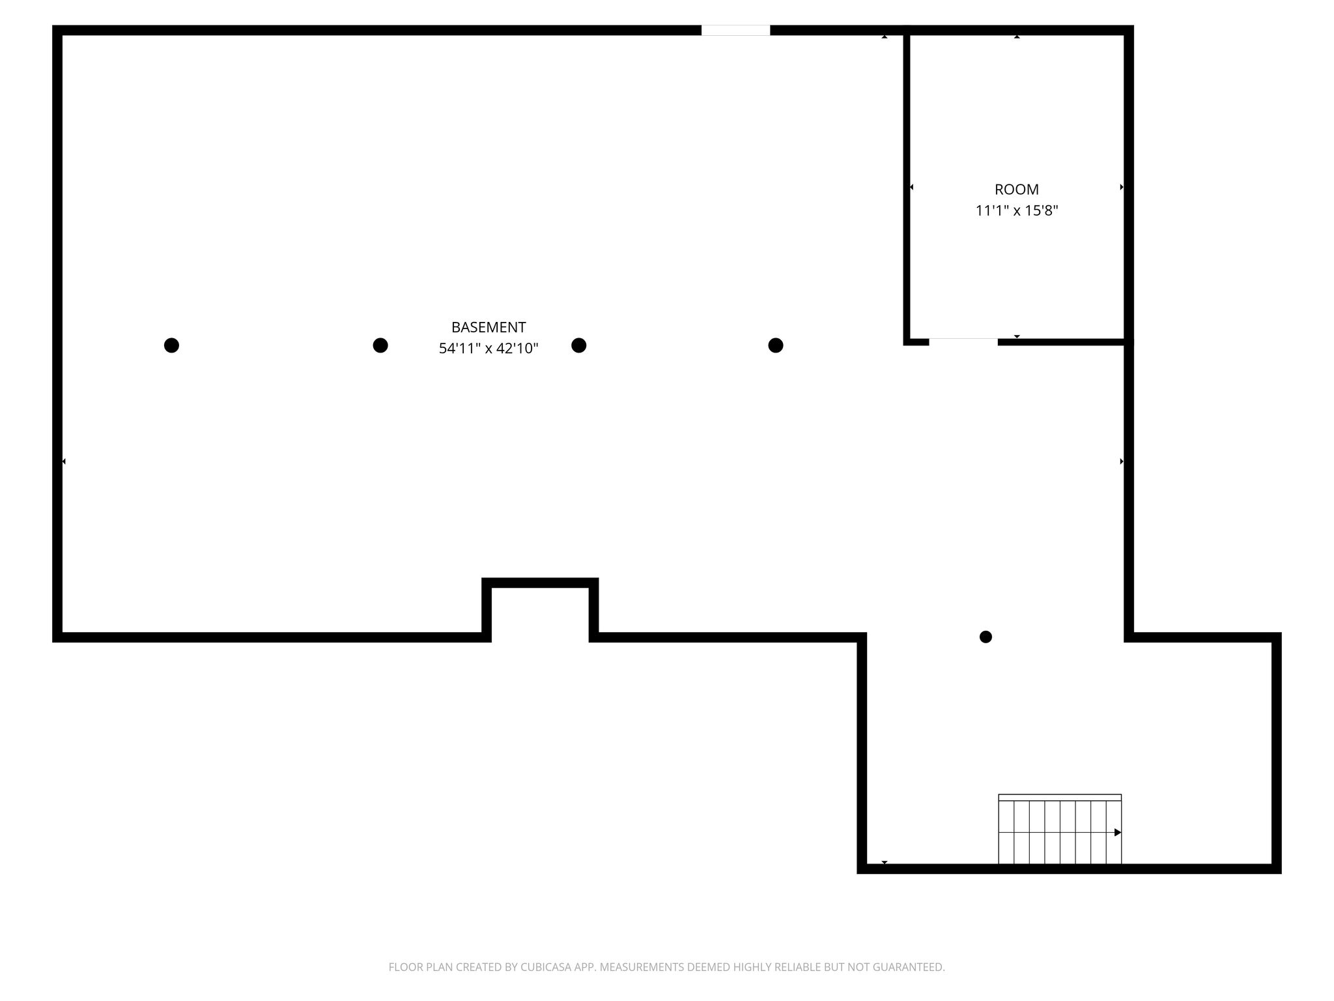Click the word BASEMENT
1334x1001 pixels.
pyautogui.click(x=489, y=327)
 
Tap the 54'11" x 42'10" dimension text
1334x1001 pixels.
pyautogui.click(x=489, y=349)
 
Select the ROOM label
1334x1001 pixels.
pyautogui.click(x=1016, y=190)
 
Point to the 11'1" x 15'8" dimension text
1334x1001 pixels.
pyautogui.click(x=1016, y=210)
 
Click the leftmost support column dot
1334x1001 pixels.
pyautogui.click(x=171, y=345)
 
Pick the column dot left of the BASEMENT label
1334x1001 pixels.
pyautogui.click(x=380, y=345)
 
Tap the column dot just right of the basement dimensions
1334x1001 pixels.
pyautogui.click(x=578, y=345)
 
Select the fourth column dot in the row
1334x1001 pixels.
pyautogui.click(x=775, y=345)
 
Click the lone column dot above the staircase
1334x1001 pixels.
pyautogui.click(x=986, y=637)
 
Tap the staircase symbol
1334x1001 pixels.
pyautogui.click(x=1060, y=829)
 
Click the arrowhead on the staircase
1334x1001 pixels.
pyautogui.click(x=1118, y=832)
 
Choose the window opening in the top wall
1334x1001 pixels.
pyautogui.click(x=735, y=30)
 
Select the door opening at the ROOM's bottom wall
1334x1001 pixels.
pyautogui.click(x=963, y=341)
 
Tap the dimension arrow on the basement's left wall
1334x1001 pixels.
pyautogui.click(x=63, y=461)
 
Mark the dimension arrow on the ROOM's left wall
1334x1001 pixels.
pyautogui.click(x=911, y=187)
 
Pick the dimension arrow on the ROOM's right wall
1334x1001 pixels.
pyautogui.click(x=1122, y=187)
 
